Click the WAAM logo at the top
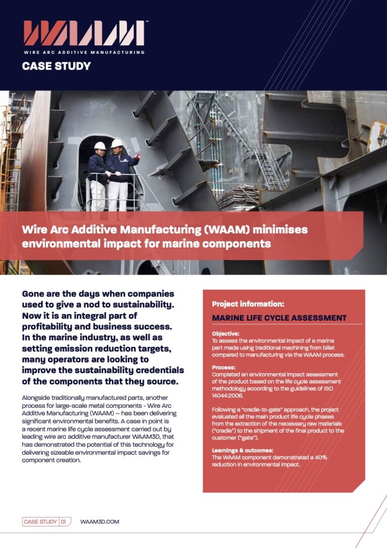[x=83, y=33]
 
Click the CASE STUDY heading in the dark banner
[x=56, y=66]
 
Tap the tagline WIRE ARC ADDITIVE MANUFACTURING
[x=83, y=52]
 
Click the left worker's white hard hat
[x=100, y=146]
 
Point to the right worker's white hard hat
[x=117, y=143]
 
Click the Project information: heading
[x=248, y=304]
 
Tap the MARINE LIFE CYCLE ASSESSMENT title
[x=279, y=318]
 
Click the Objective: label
[x=225, y=334]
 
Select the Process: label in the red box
[x=224, y=368]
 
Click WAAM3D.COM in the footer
[x=100, y=522]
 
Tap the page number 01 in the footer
[x=63, y=522]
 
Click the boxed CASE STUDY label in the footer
[x=40, y=522]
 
